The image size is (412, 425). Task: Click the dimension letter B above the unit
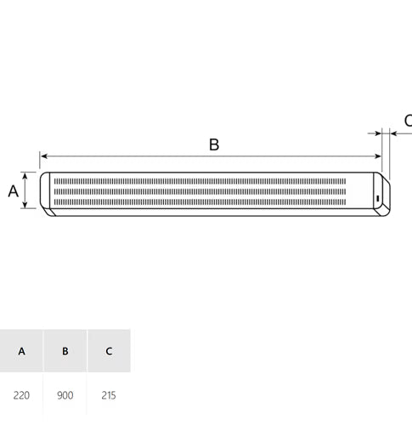(214, 144)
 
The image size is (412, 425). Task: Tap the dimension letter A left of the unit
(13, 190)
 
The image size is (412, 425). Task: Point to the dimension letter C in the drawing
(407, 121)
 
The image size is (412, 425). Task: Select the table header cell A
(21, 350)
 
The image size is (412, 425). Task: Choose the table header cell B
(65, 350)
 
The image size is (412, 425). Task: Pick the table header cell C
(109, 350)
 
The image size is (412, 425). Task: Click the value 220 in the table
(21, 395)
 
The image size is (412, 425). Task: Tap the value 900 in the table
(65, 395)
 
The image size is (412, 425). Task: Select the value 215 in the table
(109, 395)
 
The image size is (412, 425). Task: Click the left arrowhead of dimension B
(43, 156)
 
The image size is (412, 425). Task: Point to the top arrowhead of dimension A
(26, 175)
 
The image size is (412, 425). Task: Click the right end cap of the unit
(384, 194)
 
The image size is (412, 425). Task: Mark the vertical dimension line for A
(26, 190)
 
